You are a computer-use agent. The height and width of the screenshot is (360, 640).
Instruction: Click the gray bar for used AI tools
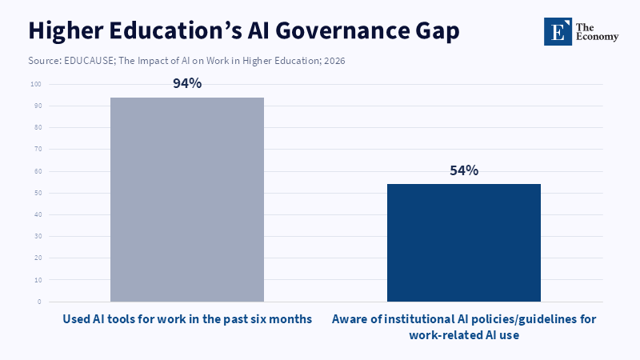click(x=187, y=199)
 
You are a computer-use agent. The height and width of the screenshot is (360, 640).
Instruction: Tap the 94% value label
click(x=187, y=84)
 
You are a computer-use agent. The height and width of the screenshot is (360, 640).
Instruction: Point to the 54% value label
click(x=464, y=170)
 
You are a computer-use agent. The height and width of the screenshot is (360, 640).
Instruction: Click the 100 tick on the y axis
click(x=35, y=84)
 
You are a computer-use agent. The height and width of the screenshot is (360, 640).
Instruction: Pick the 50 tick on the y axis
click(x=37, y=193)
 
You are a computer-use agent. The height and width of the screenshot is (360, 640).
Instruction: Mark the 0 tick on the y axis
click(x=39, y=302)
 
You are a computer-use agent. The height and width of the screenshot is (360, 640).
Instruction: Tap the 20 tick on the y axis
click(x=37, y=258)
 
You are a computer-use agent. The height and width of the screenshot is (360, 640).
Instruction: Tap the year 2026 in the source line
click(x=334, y=61)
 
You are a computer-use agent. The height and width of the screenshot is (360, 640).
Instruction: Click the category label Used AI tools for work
click(x=187, y=319)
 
